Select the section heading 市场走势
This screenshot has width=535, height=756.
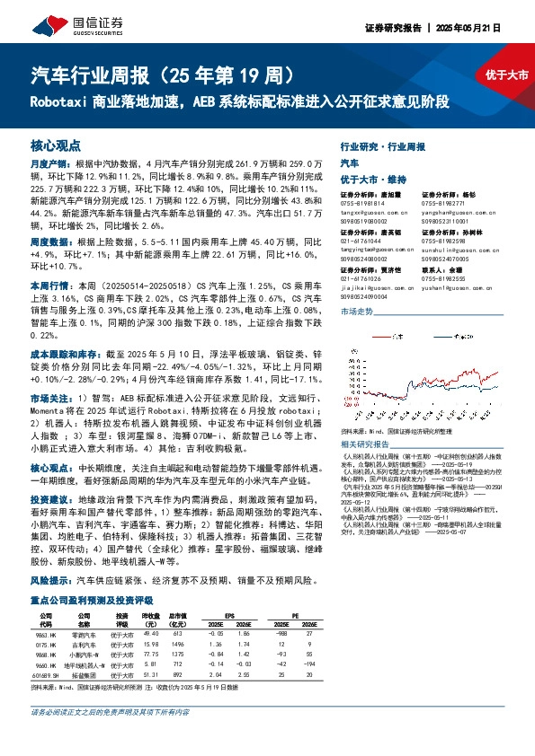356,311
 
